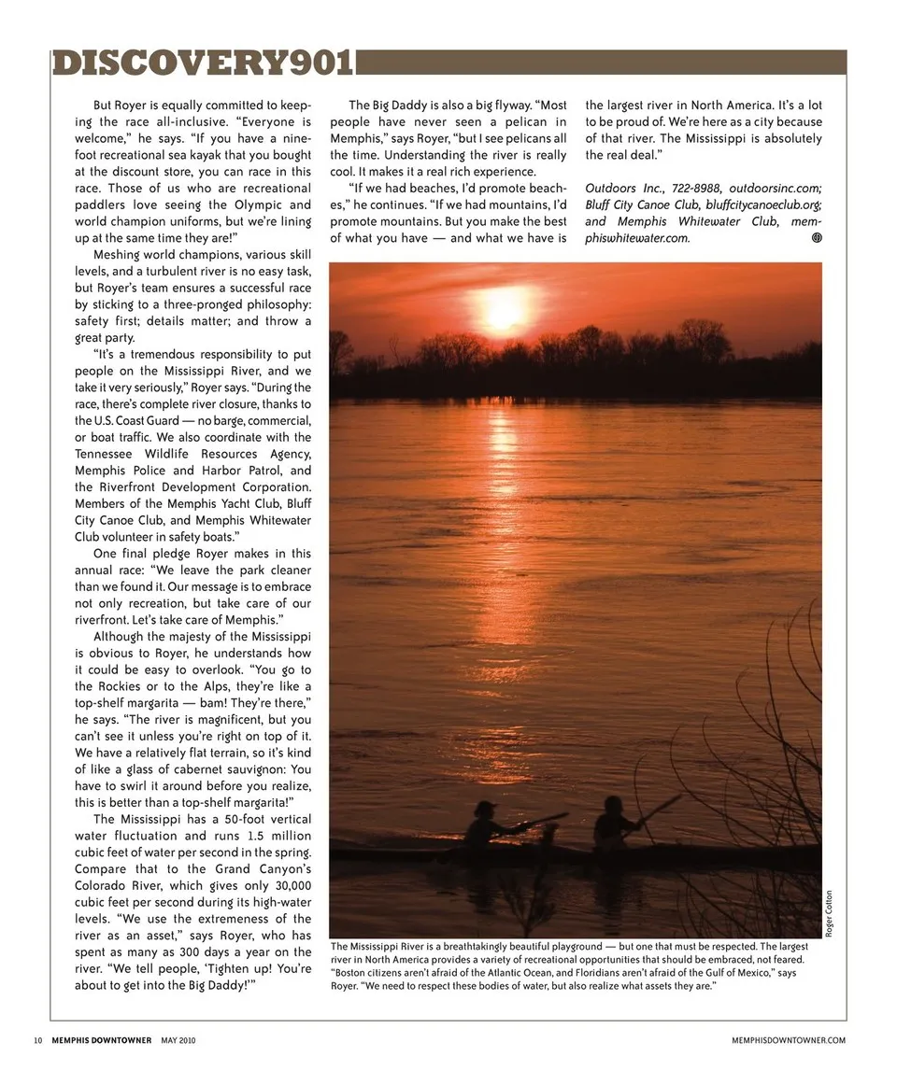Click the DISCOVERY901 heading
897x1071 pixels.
(203, 63)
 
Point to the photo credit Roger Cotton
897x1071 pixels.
(828, 914)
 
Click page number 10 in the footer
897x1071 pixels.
(37, 1040)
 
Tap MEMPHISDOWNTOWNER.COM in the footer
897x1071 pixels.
(790, 1040)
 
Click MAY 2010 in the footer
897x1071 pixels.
(178, 1040)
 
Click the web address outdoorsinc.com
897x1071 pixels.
(776, 188)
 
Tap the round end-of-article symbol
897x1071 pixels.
(816, 238)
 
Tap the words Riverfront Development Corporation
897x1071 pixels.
(193, 487)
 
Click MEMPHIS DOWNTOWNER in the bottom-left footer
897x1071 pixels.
(102, 1040)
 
